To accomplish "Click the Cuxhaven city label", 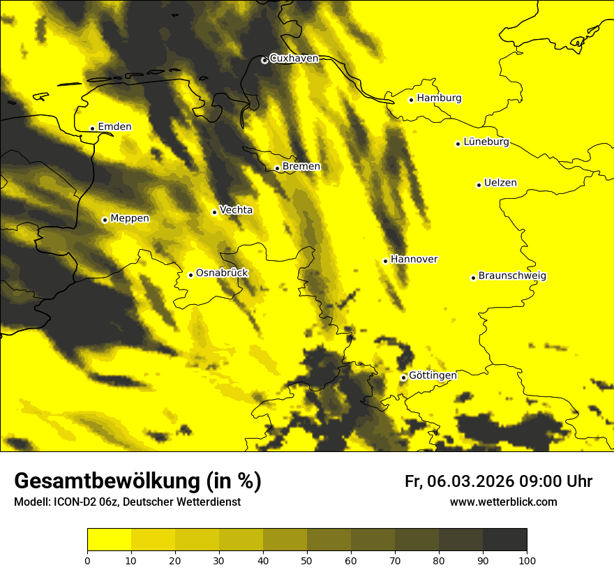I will coord(294,59).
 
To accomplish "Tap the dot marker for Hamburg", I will coord(412,100).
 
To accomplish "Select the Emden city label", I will coord(114,127).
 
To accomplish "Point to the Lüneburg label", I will coord(486,142).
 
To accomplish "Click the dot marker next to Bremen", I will coord(277,168).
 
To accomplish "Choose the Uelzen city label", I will coord(500,183).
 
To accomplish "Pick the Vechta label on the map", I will coord(236,210).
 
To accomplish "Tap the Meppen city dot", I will coord(105,220).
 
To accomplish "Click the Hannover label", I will coord(414,260).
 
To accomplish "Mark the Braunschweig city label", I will coord(512,276).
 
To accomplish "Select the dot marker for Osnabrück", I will coord(190,275).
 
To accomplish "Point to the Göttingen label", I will coord(433,375).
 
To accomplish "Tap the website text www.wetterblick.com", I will coord(504,502).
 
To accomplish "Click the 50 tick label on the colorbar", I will coord(307,559).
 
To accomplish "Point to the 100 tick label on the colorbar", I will coord(527,559).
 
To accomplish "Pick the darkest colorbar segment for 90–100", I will coord(504,540).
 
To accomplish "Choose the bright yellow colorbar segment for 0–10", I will coord(109,540).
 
